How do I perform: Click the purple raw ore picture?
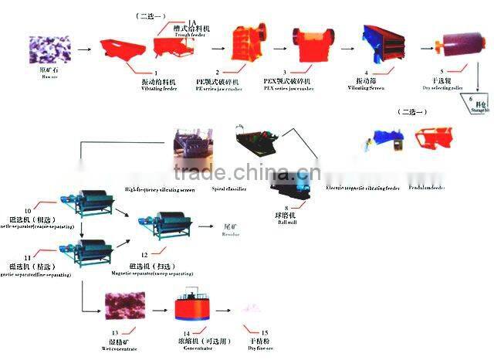[45, 49]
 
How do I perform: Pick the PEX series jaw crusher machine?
[306, 46]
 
